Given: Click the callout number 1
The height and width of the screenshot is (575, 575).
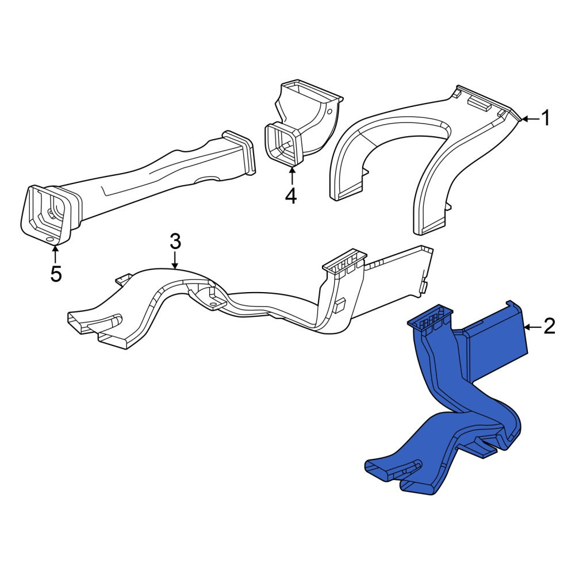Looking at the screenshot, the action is click(546, 118).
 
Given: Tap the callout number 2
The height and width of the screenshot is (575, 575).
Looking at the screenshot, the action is click(549, 327).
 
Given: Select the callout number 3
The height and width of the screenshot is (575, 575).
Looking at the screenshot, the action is click(175, 242).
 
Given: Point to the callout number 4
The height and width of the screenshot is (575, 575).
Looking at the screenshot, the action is click(291, 196).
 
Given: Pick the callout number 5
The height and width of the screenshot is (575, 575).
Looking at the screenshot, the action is click(56, 274).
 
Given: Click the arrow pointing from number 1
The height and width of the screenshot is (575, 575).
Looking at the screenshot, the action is click(530, 119).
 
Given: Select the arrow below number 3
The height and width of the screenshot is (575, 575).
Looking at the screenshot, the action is click(175, 260).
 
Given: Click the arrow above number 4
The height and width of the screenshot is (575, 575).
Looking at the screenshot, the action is click(292, 176).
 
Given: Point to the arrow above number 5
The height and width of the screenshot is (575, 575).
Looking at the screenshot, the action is click(55, 254).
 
